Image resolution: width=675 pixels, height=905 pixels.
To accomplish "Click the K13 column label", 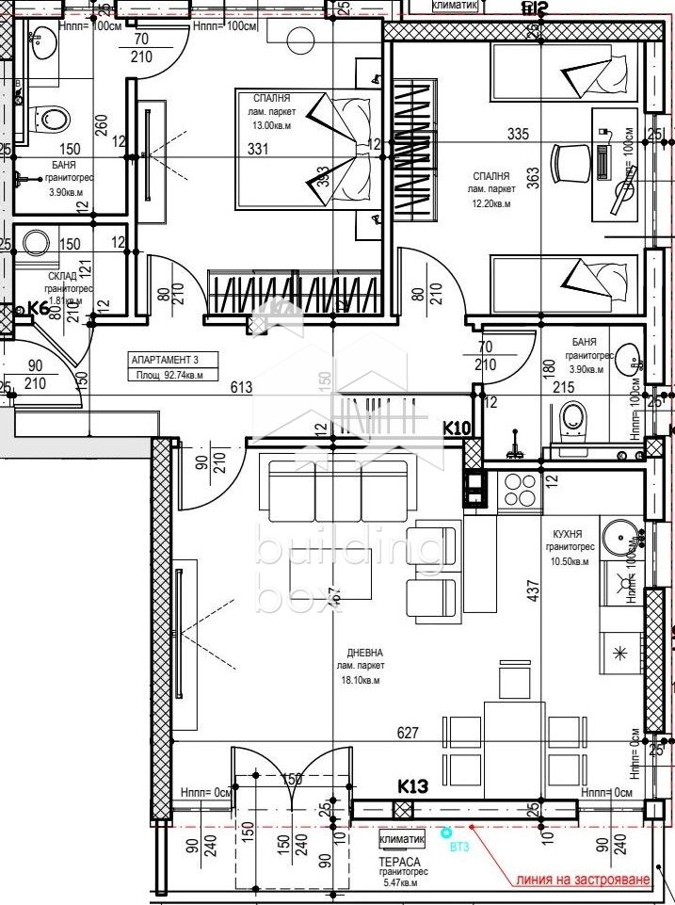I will coord(412,785).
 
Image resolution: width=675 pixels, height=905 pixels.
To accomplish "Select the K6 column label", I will coord(38,307).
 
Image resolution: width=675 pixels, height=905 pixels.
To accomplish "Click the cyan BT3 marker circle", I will coord(447,833).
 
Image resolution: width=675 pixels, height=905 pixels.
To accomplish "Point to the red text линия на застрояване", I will coord(582,881).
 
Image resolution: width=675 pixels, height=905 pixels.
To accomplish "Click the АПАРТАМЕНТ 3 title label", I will coord(164,359).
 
